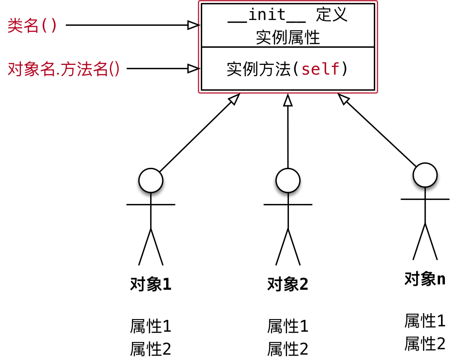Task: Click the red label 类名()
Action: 32,25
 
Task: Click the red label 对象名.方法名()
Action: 64,69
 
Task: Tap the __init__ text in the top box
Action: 267,15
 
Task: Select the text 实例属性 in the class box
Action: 288,37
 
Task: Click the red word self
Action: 320,69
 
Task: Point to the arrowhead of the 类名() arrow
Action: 194,25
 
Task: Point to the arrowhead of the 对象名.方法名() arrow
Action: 194,68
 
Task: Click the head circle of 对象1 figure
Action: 151,180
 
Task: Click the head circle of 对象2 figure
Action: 288,180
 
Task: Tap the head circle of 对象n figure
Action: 425,174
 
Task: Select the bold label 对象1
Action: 151,284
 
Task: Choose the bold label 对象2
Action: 288,284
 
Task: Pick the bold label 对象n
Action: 425,279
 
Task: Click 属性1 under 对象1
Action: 151,325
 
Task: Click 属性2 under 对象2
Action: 288,349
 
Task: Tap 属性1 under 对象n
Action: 425,320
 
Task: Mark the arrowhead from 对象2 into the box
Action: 288,100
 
